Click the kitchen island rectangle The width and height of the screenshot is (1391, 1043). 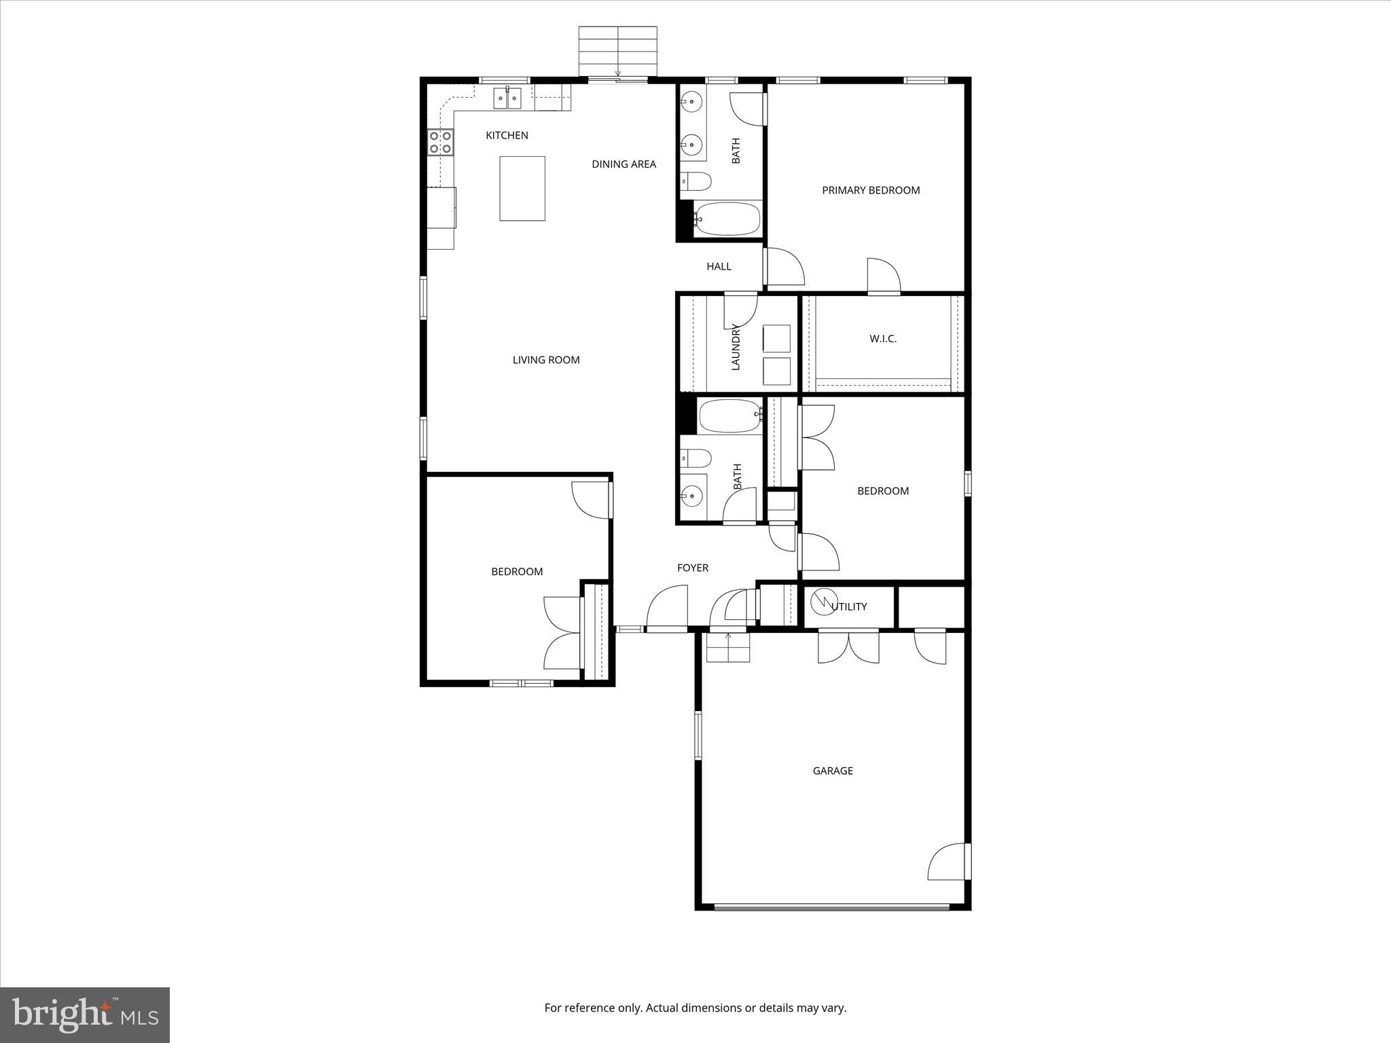(522, 188)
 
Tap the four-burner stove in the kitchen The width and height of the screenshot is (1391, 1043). (440, 142)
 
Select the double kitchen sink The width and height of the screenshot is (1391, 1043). (507, 98)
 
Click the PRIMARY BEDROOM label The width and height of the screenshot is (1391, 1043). (871, 190)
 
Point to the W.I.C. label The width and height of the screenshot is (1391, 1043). (883, 339)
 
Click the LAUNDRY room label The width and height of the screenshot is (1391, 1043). (736, 346)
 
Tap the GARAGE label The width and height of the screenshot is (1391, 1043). (833, 771)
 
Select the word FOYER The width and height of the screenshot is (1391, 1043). (692, 568)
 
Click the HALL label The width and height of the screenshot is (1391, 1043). (719, 266)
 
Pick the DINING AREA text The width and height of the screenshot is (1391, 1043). (624, 164)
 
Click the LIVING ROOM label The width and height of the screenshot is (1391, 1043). (546, 360)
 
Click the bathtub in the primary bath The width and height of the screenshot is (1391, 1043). (727, 219)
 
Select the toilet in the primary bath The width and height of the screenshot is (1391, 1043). (696, 181)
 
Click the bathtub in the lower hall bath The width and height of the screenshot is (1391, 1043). (730, 416)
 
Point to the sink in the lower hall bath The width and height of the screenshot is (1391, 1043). (692, 497)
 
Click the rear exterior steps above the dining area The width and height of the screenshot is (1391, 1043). (617, 51)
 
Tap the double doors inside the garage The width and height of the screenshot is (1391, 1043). (848, 646)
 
